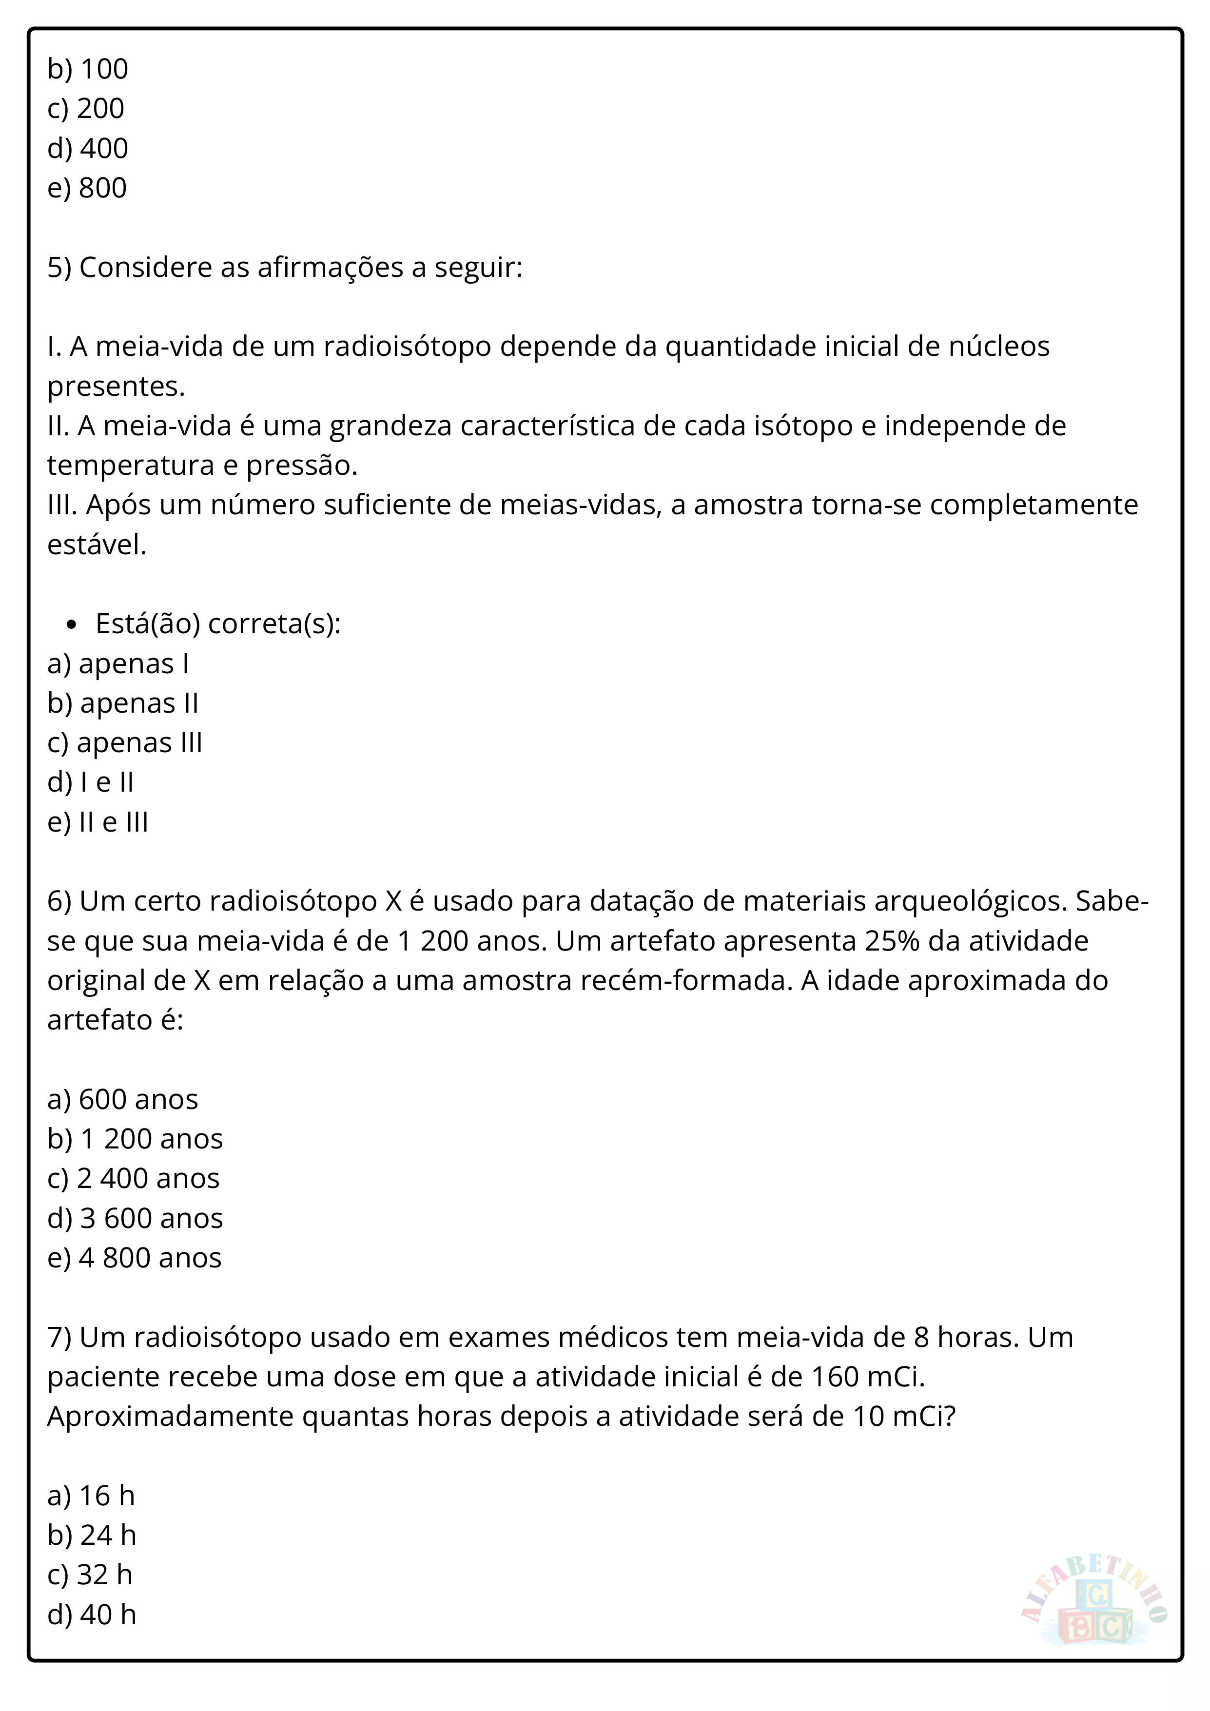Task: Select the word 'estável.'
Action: [97, 545]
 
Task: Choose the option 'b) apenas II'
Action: [123, 703]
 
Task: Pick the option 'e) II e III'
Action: [98, 822]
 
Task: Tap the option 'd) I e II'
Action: [90, 782]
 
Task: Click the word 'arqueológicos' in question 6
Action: [970, 902]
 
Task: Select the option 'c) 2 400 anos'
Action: [134, 1178]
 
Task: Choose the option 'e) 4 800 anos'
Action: [134, 1258]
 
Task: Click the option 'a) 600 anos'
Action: [122, 1099]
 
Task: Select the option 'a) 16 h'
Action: [91, 1496]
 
